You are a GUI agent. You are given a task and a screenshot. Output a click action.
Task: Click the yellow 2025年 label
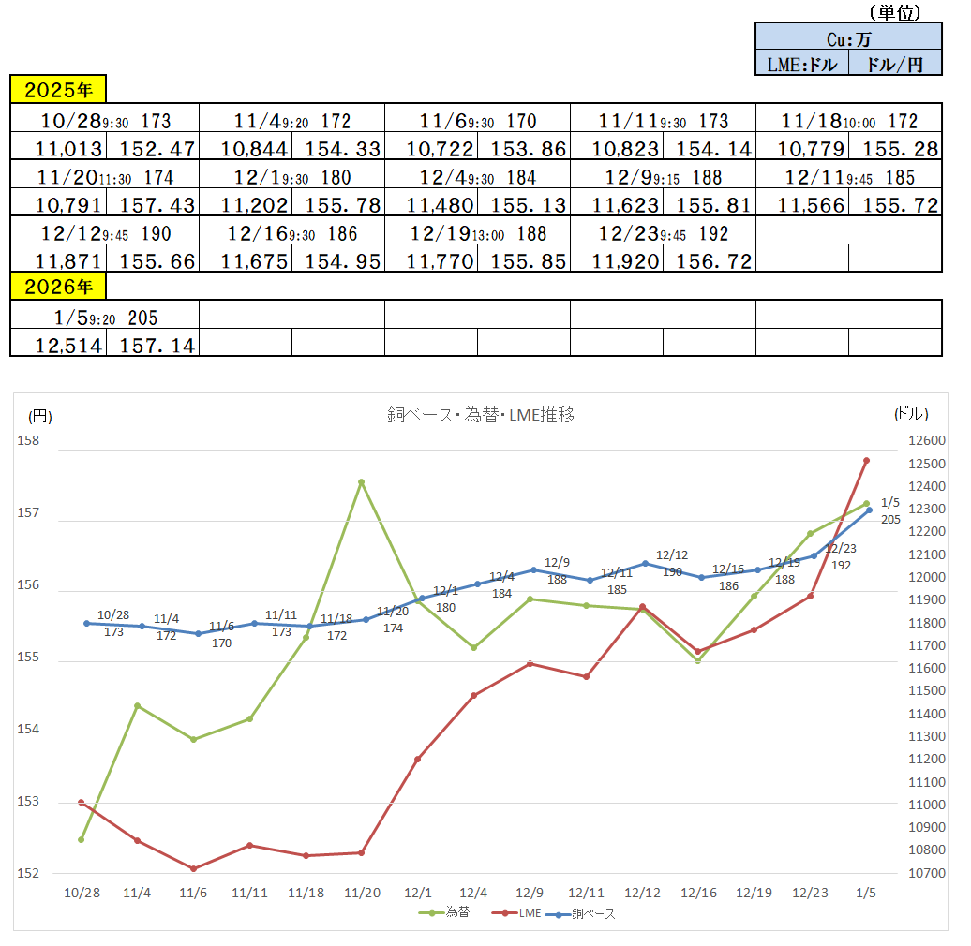tap(58, 90)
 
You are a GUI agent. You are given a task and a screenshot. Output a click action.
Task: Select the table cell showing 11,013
tap(58, 148)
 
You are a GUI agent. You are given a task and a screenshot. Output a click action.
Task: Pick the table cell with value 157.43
tap(152, 204)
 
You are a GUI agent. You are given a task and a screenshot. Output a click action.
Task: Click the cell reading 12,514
tap(58, 345)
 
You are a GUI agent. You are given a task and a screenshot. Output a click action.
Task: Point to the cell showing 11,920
tap(616, 261)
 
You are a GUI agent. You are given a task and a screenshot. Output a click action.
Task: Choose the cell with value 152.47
tap(152, 148)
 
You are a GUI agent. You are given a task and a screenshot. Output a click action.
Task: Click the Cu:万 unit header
tap(848, 38)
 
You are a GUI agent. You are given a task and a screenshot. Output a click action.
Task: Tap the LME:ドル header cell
tap(801, 64)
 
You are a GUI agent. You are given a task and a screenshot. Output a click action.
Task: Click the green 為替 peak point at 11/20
tap(361, 482)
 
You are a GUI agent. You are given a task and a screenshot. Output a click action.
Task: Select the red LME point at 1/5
tap(866, 460)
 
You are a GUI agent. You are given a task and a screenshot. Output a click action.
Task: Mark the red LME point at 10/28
tap(82, 802)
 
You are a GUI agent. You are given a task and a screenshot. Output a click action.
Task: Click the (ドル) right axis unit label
tap(911, 414)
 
